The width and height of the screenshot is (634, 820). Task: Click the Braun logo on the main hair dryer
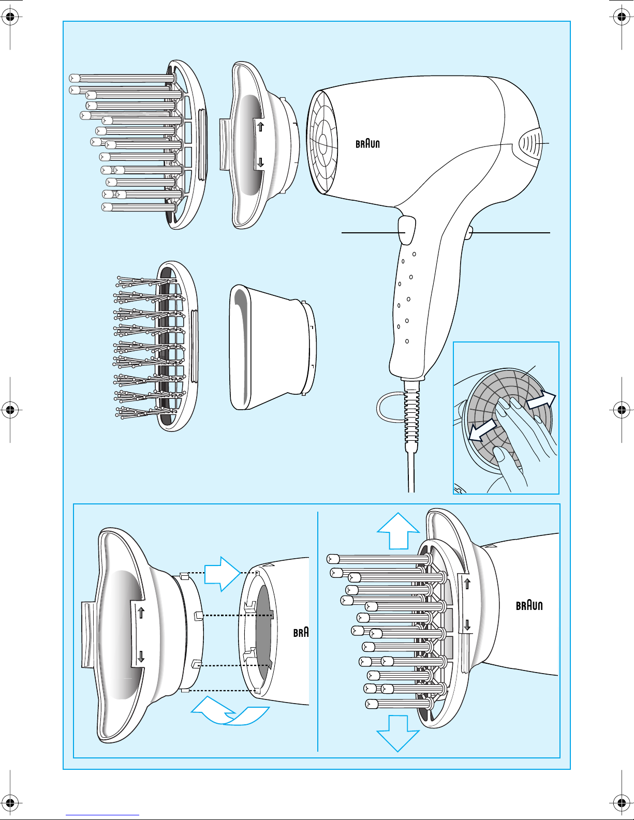click(x=367, y=143)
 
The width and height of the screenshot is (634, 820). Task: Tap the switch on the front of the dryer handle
click(x=406, y=229)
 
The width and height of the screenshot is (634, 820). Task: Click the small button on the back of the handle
click(x=469, y=232)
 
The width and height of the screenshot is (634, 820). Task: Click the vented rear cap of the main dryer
click(x=530, y=143)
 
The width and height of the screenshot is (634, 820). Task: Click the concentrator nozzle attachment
click(x=272, y=347)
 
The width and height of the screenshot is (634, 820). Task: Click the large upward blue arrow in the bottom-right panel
click(x=398, y=531)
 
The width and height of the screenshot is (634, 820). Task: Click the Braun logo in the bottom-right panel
click(x=529, y=606)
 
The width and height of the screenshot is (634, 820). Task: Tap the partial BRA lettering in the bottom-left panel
click(x=301, y=632)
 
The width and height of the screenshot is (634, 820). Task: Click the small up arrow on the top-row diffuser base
click(x=260, y=126)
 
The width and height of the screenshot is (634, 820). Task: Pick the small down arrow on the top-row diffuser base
click(x=260, y=162)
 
